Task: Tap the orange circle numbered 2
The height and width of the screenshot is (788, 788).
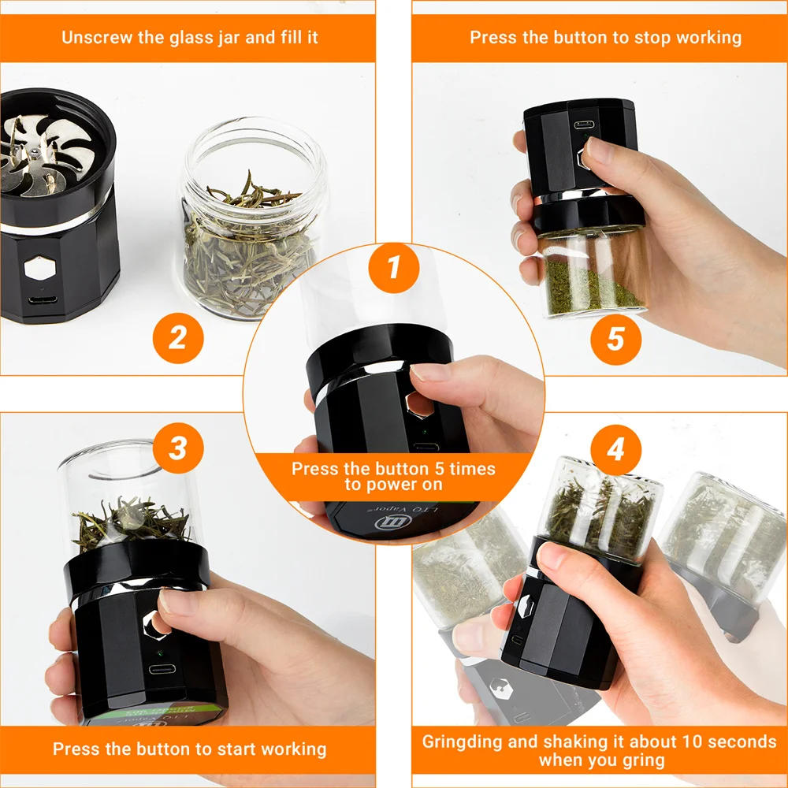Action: pos(178,340)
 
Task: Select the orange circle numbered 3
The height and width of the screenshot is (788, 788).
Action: pos(178,448)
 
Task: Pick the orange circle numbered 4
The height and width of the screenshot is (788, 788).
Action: pos(615,450)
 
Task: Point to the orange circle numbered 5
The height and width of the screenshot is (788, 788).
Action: pos(615,340)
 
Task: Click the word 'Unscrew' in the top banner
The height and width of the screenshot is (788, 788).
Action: pos(93,37)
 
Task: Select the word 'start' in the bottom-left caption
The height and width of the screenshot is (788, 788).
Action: pos(216,749)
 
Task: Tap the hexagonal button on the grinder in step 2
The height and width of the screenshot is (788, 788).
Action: pos(38,269)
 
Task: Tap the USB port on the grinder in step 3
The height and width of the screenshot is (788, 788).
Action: pos(162,670)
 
